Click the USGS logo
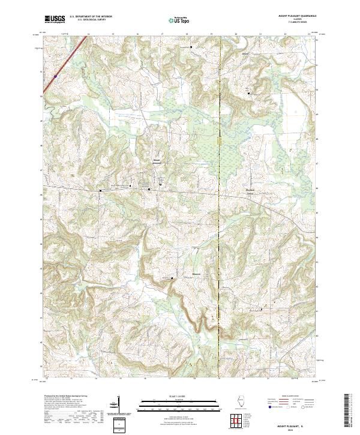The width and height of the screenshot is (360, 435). [x=54, y=19]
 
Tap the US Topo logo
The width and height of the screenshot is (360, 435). [x=176, y=20]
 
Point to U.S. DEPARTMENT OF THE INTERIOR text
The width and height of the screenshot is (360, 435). [x=91, y=17]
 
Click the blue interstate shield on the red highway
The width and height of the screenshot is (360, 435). [x=54, y=76]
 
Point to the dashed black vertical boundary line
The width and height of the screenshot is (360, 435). [x=220, y=240]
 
